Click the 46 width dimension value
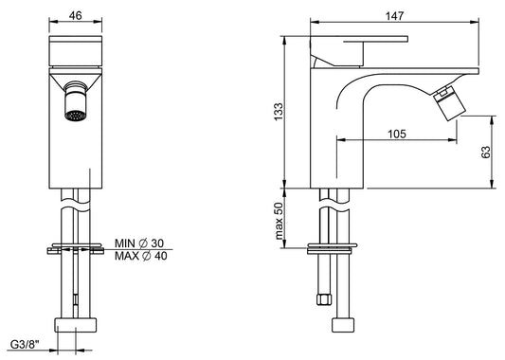(x=76, y=15)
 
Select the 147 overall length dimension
(x=394, y=16)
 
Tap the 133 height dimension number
(x=279, y=112)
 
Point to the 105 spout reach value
(x=397, y=134)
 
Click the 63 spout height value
(x=486, y=152)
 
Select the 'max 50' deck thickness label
(x=279, y=221)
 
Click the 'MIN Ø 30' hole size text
(x=139, y=243)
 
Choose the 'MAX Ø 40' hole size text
(x=141, y=256)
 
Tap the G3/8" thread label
(x=25, y=345)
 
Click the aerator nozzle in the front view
(x=76, y=101)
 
